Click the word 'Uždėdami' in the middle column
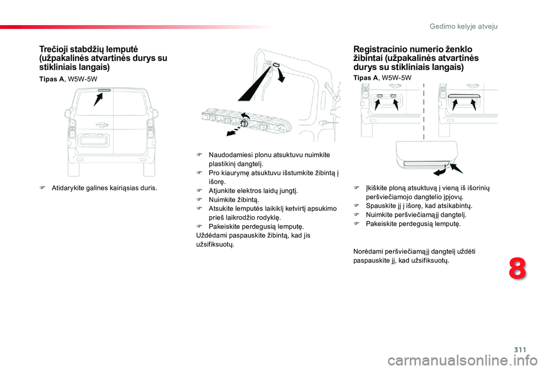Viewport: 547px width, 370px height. (x=209, y=235)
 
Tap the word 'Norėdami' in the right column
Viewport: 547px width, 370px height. (x=368, y=251)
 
